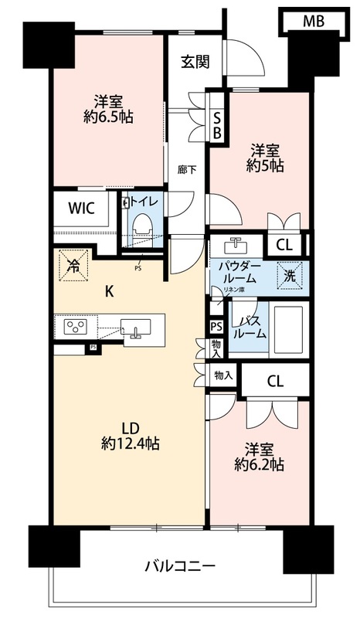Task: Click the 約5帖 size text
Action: (x=264, y=165)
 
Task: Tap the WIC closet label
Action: (x=81, y=208)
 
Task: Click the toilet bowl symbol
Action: (x=141, y=225)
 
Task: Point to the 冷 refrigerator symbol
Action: (x=73, y=265)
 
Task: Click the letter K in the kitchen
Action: (x=110, y=291)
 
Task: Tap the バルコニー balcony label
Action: (x=180, y=567)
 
